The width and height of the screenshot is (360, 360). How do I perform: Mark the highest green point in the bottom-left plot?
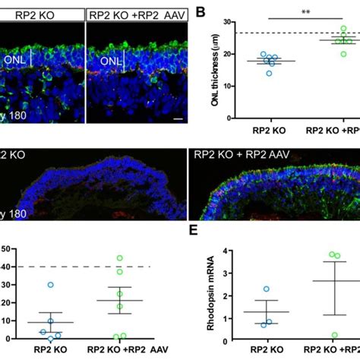click(118, 258)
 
